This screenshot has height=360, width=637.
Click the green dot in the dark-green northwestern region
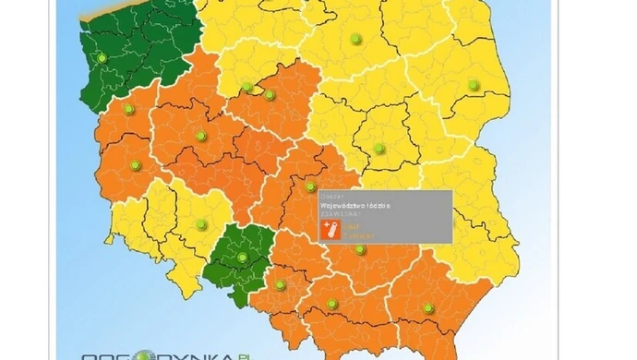102,58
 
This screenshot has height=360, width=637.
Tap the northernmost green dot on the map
355,38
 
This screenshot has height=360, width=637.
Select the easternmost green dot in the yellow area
474,84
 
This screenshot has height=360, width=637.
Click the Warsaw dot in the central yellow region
379,148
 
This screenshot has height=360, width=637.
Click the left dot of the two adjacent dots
247,89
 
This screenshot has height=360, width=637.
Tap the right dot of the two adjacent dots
270,94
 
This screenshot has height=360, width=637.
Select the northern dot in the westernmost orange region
128,109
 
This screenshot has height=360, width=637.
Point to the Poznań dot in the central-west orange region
200,137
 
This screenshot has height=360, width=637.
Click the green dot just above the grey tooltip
310,186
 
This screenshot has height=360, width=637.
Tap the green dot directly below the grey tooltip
360,249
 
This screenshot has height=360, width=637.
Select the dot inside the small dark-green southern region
242,258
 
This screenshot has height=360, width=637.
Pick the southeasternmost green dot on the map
427,308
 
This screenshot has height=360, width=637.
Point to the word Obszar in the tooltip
331,196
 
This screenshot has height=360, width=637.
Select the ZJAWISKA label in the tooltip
339,215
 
